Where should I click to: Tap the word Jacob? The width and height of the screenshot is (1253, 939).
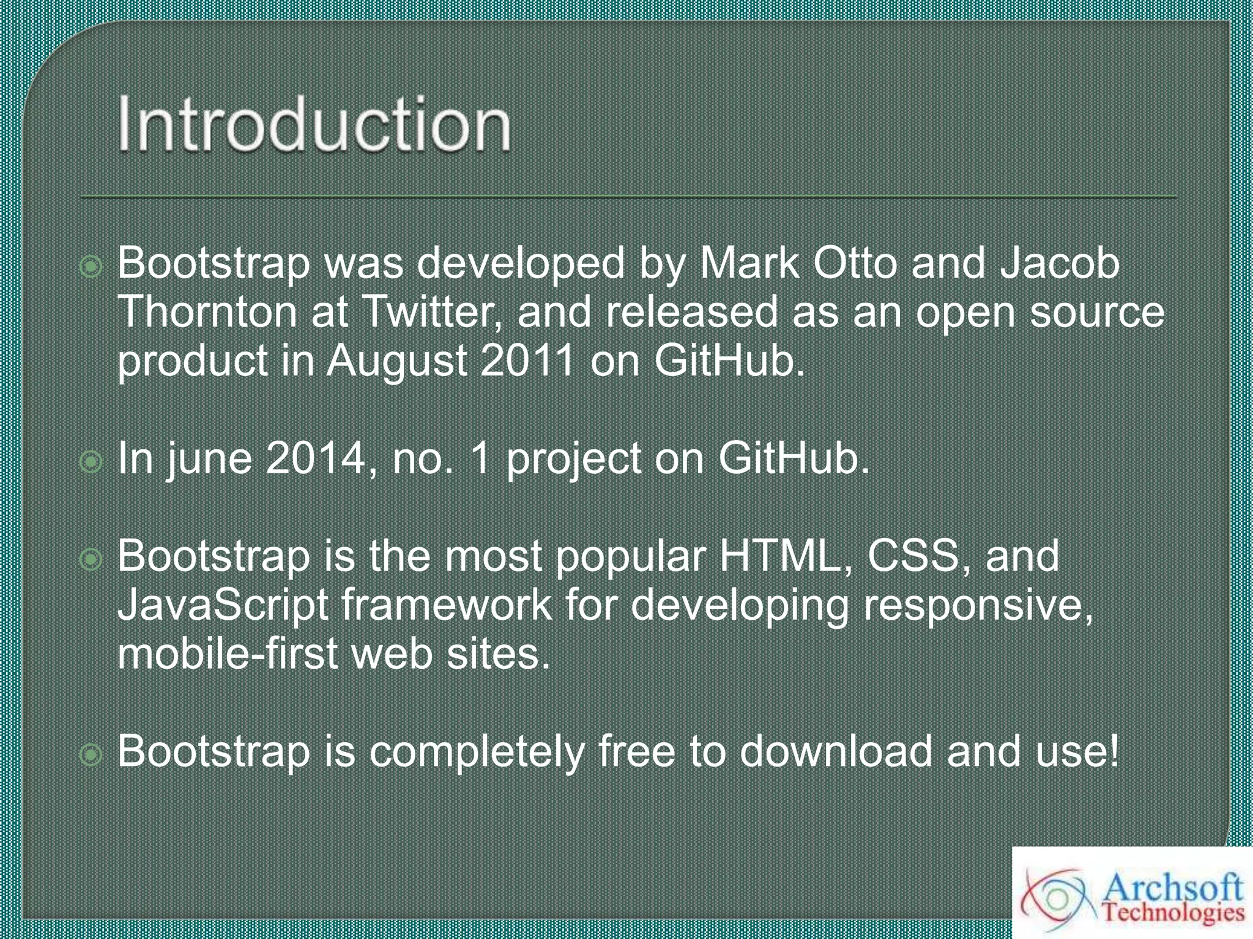[x=1060, y=263]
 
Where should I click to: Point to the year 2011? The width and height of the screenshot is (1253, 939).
[x=527, y=361]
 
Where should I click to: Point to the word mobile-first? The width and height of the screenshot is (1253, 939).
[x=226, y=654]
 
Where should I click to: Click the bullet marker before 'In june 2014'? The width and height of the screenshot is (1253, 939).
[x=91, y=462]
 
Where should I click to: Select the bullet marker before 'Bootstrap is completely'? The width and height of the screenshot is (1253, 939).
[x=91, y=755]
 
